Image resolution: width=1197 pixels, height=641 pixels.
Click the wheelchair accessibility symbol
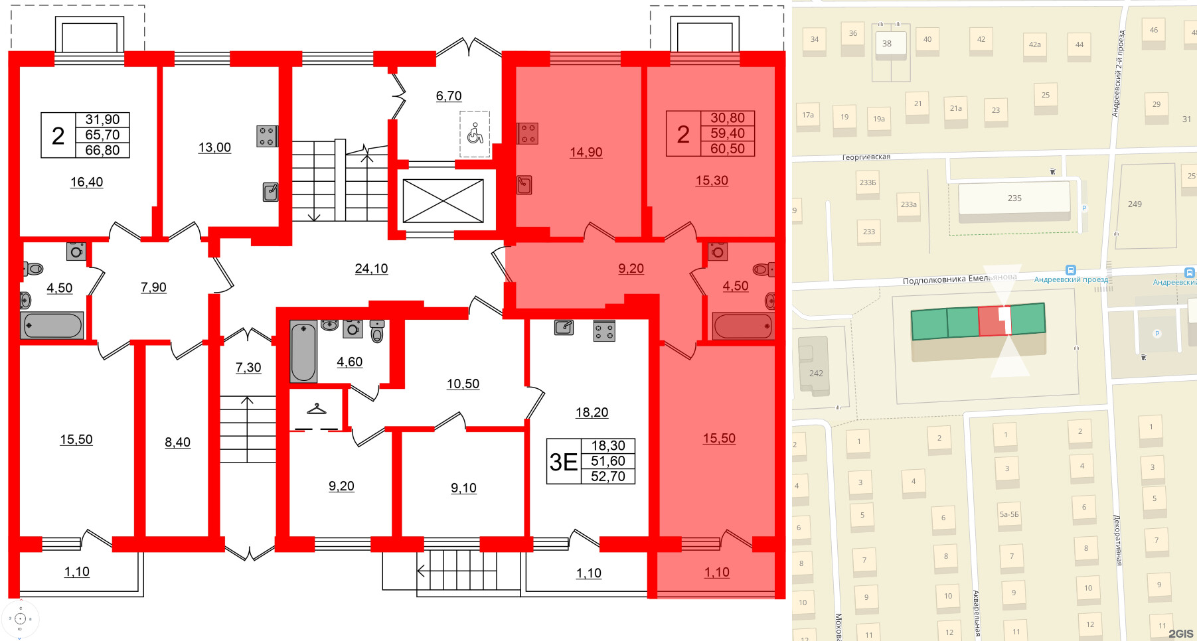(x=475, y=133)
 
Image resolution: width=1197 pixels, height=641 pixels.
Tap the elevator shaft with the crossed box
(x=443, y=200)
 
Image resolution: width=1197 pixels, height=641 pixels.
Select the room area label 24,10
(x=371, y=269)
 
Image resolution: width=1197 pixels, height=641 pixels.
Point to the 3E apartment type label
(x=563, y=462)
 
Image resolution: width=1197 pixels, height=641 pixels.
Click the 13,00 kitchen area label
(x=214, y=147)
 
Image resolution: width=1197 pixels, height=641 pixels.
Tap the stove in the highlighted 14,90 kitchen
(x=528, y=133)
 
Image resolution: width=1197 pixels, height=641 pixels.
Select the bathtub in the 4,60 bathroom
(x=303, y=352)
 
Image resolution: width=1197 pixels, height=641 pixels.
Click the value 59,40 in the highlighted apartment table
(x=728, y=133)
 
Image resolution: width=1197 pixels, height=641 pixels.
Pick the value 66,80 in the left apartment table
(x=102, y=151)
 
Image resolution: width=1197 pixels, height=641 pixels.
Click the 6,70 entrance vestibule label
(x=449, y=96)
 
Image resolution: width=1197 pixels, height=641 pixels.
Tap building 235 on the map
(x=1014, y=198)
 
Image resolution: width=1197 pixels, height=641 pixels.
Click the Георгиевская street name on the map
(x=866, y=157)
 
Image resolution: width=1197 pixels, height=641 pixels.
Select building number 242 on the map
(x=816, y=373)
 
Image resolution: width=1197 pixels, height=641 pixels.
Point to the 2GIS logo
(x=1180, y=633)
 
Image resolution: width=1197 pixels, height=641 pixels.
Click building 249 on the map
(x=1135, y=204)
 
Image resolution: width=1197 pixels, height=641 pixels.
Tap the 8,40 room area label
(x=177, y=443)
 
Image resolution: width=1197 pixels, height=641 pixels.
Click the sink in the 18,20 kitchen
(x=564, y=327)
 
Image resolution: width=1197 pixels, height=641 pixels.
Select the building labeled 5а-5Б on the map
(x=1009, y=514)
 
